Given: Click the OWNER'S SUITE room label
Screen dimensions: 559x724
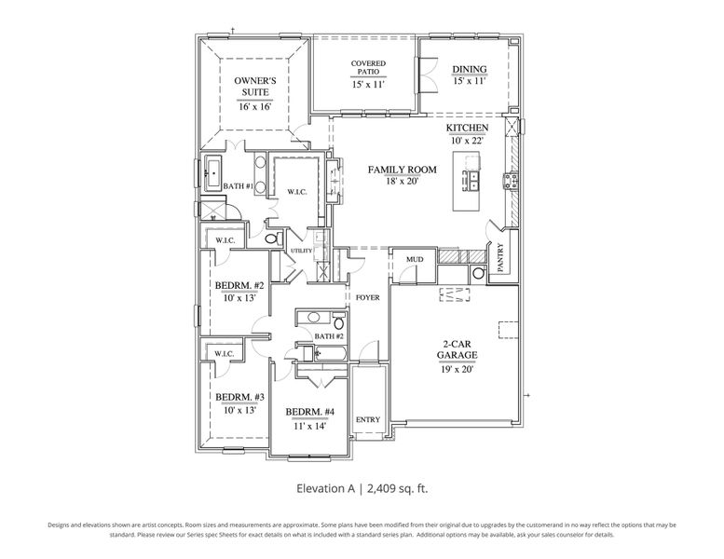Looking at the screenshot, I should click(x=253, y=87).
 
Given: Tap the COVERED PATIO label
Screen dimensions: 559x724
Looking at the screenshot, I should click(x=368, y=68).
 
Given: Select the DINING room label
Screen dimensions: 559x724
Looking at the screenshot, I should click(x=469, y=69).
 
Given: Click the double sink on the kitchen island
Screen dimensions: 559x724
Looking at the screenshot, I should click(x=472, y=179).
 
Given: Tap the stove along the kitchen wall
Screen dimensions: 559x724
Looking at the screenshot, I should click(x=511, y=179).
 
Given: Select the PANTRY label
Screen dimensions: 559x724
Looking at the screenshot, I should click(x=500, y=257).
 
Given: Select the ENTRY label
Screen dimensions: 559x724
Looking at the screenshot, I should click(x=368, y=419).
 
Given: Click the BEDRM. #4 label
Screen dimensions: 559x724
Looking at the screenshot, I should click(x=309, y=412).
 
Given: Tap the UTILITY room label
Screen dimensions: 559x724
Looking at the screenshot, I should click(x=301, y=251).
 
